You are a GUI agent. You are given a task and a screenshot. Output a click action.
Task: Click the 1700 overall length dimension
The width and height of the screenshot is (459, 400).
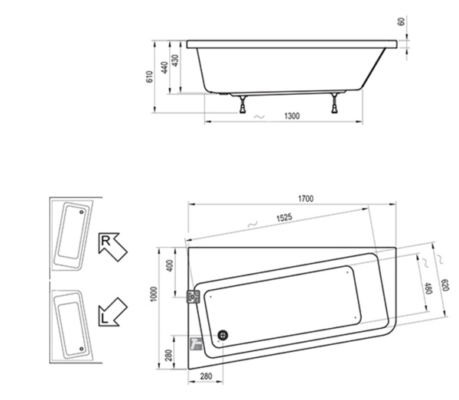(305, 199)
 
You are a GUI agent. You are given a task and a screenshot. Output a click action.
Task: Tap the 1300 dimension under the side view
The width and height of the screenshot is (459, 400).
(291, 116)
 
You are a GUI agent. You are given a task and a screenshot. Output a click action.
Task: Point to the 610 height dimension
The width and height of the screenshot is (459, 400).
(150, 76)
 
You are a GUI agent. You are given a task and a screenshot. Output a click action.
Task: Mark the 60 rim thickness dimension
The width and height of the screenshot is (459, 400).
(400, 22)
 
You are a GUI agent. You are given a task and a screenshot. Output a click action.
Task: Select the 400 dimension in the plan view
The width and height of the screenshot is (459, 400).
(170, 269)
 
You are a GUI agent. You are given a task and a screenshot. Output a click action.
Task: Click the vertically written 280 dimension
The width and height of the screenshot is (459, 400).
(170, 357)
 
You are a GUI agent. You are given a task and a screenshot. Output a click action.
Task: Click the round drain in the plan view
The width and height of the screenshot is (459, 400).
(223, 334)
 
